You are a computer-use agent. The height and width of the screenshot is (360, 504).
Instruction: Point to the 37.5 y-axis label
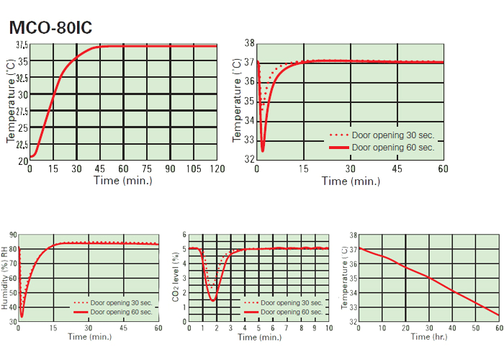[22, 45]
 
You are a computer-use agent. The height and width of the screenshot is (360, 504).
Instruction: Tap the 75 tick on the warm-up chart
[146, 168]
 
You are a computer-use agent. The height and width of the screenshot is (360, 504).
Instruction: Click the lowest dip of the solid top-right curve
[262, 150]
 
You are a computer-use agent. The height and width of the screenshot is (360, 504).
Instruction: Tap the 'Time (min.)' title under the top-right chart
[350, 181]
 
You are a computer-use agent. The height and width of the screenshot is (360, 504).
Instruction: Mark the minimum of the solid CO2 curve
[212, 300]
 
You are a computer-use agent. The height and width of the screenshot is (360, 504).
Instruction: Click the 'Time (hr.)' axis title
[428, 336]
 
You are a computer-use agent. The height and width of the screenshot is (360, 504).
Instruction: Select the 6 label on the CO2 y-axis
[184, 235]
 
